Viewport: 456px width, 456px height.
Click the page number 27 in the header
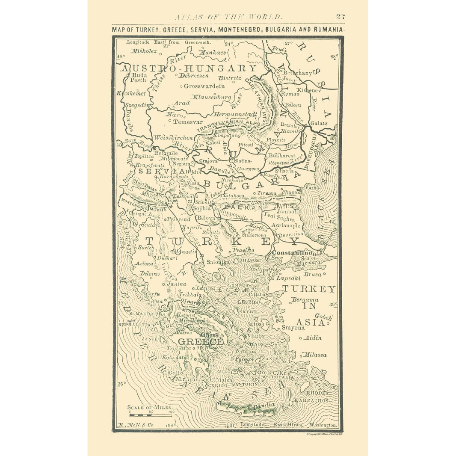click(x=340, y=17)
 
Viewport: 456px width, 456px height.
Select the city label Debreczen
click(x=194, y=75)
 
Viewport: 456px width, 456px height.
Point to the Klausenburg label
click(x=212, y=97)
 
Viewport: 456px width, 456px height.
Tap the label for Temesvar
click(x=187, y=121)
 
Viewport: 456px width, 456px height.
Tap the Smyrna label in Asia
click(x=293, y=328)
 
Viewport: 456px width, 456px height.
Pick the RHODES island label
click(x=317, y=393)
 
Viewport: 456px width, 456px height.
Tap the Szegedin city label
click(x=138, y=105)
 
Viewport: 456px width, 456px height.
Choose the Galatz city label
click(x=319, y=123)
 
